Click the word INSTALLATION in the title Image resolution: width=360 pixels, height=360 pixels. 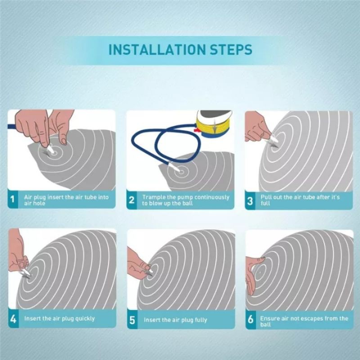click(157, 49)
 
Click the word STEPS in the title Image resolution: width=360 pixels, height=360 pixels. click(231, 49)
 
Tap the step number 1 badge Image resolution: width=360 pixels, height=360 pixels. click(13, 199)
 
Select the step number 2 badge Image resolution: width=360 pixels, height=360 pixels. click(131, 200)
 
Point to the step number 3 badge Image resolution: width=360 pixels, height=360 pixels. click(250, 201)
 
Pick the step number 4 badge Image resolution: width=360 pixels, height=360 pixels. click(13, 319)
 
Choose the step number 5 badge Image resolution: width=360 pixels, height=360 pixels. click(132, 319)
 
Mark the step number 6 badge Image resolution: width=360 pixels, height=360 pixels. click(251, 319)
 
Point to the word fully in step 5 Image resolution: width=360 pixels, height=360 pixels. click(201, 320)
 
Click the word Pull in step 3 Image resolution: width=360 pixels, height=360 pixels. click(265, 197)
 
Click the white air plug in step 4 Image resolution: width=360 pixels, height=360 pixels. click(26, 273)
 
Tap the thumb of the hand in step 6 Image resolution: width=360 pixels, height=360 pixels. click(259, 261)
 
